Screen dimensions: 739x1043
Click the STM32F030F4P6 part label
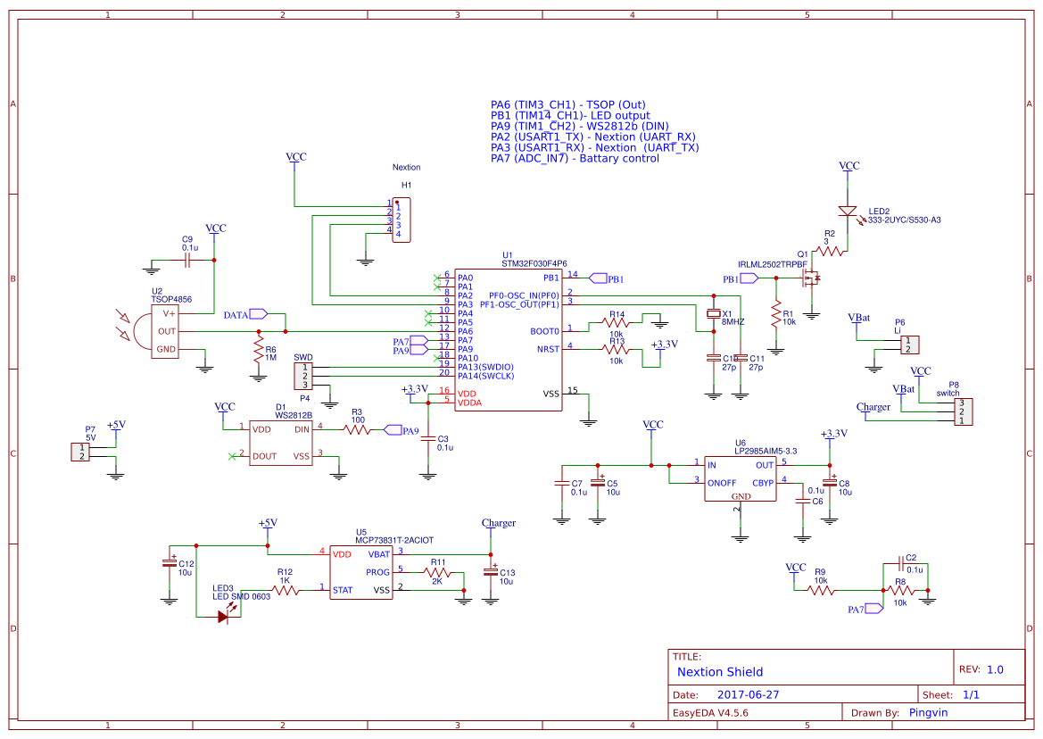(x=534, y=263)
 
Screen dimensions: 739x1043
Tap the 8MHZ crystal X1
(x=713, y=314)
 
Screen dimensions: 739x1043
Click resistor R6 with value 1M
(x=259, y=349)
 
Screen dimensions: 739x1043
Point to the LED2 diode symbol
(x=848, y=212)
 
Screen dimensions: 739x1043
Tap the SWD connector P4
(x=304, y=376)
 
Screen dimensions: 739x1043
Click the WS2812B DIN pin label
(x=302, y=429)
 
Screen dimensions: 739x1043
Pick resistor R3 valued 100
(x=356, y=429)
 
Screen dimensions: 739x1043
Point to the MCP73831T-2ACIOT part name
(x=394, y=540)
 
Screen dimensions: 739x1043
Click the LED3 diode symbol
(x=224, y=616)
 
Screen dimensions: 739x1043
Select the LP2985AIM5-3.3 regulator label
(x=766, y=452)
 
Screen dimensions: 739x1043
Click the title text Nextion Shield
(x=720, y=672)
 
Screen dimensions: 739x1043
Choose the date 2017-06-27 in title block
(x=748, y=694)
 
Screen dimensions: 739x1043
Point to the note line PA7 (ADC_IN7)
(x=575, y=158)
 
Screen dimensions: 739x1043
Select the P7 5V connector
(x=81, y=452)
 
